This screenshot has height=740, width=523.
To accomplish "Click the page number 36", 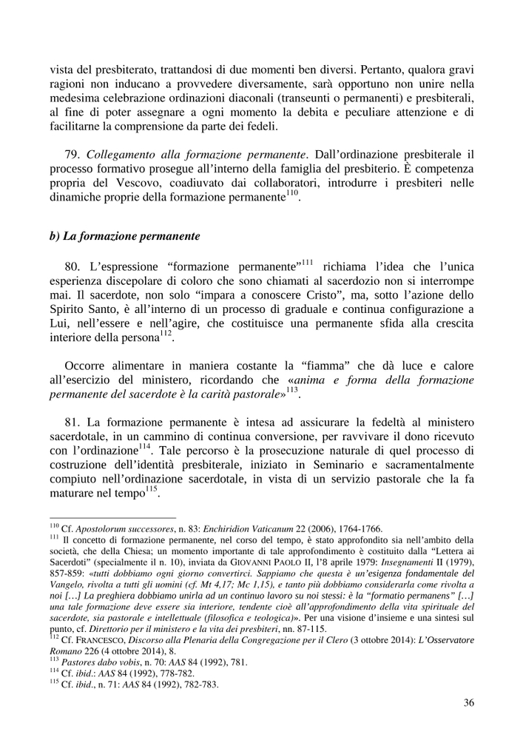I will (468, 703).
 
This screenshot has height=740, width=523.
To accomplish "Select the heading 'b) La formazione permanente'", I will (125, 237).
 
